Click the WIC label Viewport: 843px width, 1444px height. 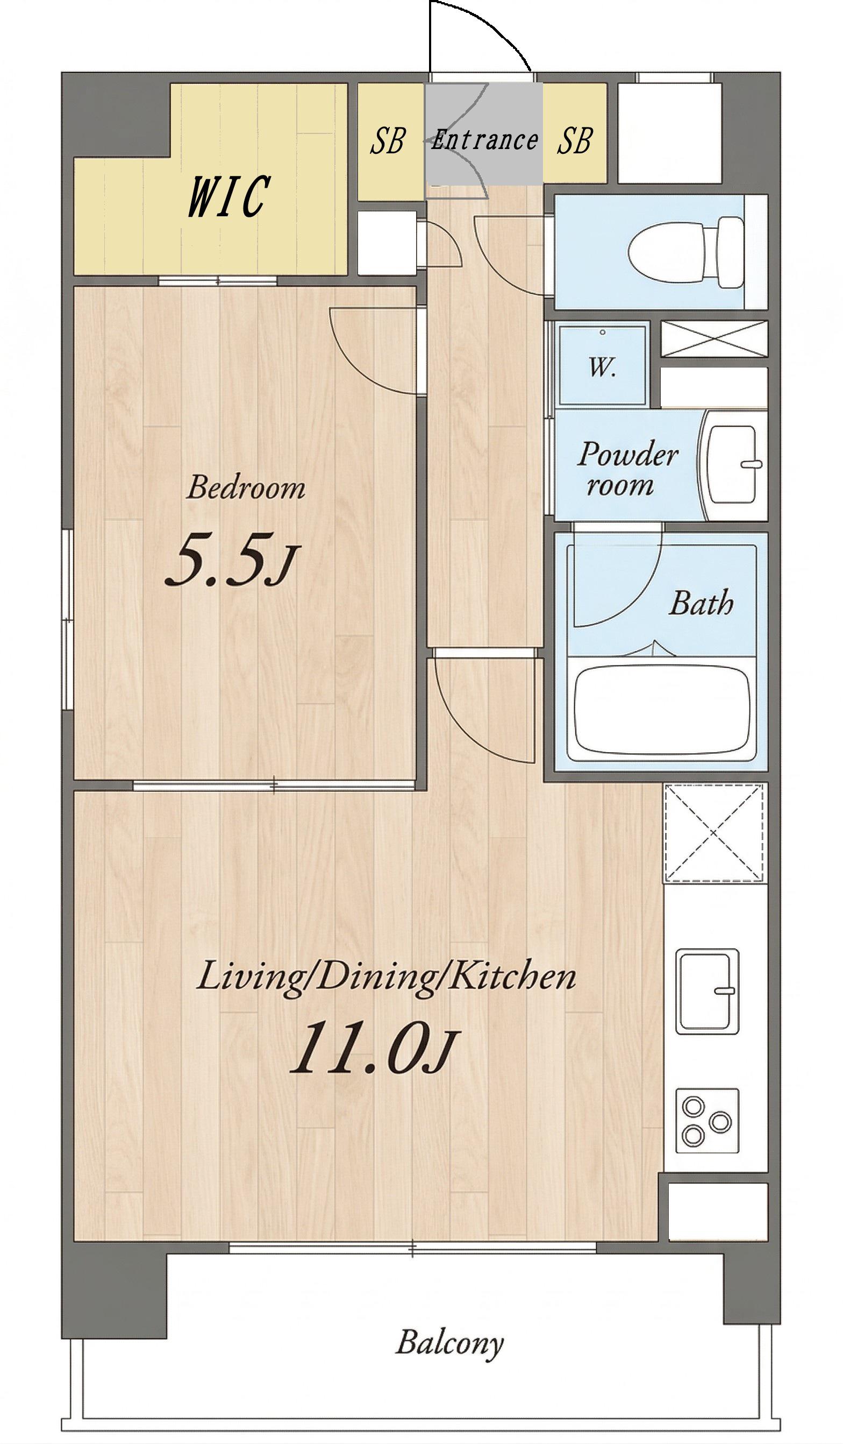point(228,196)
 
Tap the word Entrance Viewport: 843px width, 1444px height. point(484,140)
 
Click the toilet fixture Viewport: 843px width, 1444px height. point(685,252)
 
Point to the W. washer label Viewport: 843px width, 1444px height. point(602,367)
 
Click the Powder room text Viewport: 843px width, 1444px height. point(627,468)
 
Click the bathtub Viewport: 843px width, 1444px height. point(662,709)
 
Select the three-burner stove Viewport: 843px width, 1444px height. point(708,1121)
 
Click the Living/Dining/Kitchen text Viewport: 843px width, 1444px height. point(386,977)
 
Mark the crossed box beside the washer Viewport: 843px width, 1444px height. point(714,338)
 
